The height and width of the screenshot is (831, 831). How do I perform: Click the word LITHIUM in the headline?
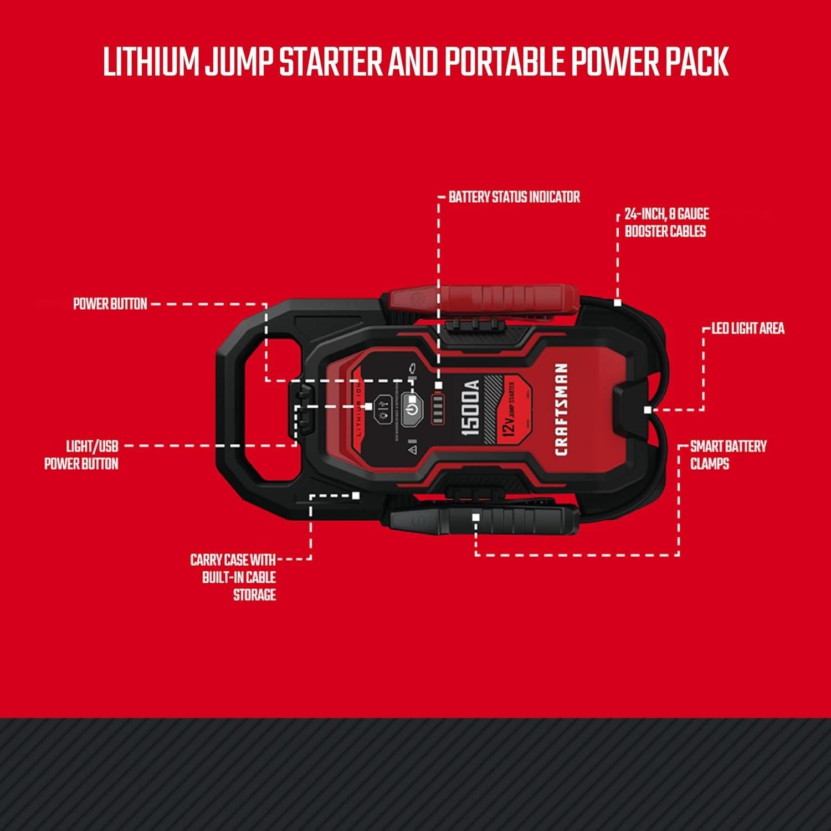point(151,62)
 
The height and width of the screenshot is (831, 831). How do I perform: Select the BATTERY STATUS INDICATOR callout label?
point(514,197)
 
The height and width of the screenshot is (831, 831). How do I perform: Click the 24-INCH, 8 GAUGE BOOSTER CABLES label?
point(666,223)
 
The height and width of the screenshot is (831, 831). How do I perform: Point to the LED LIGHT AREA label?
point(747,329)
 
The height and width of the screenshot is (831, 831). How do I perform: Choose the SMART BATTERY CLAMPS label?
point(727,455)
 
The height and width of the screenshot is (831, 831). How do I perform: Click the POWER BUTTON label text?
point(110,304)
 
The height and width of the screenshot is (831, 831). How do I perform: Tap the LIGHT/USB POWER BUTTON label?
point(81,455)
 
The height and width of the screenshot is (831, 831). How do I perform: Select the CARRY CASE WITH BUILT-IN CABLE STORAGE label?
point(234,577)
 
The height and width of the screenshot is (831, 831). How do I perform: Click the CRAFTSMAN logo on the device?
point(561,409)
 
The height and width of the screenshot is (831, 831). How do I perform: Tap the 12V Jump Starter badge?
point(510,409)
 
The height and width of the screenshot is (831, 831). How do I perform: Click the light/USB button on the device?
point(383,409)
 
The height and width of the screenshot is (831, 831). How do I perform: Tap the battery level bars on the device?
point(438,410)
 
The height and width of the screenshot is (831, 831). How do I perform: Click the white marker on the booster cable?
point(617,303)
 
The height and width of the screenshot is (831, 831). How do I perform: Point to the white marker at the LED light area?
point(647,410)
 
